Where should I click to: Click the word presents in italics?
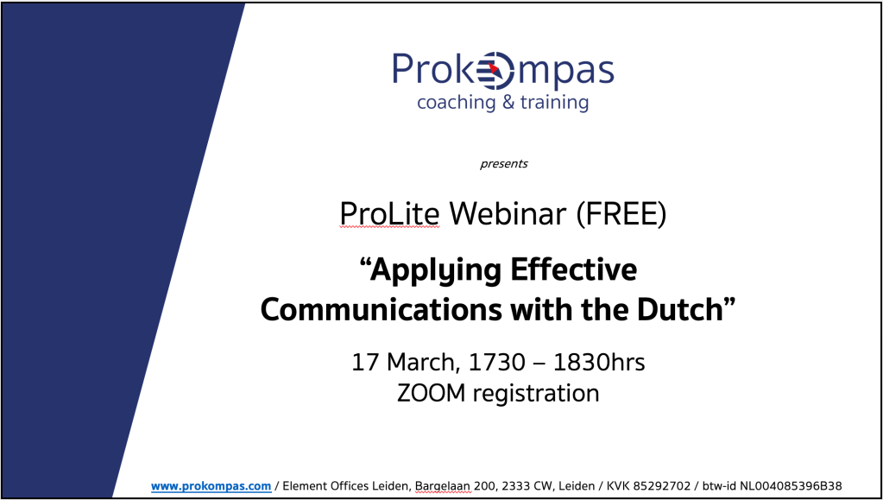(504, 164)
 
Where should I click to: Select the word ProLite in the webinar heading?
(389, 214)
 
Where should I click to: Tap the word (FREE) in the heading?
(621, 214)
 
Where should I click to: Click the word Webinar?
(508, 214)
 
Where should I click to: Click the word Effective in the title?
(574, 270)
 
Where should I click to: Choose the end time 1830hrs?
(599, 362)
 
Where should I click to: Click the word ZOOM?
(432, 394)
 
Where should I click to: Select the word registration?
(536, 394)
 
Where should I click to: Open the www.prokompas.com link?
(211, 486)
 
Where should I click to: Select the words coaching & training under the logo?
(503, 103)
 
